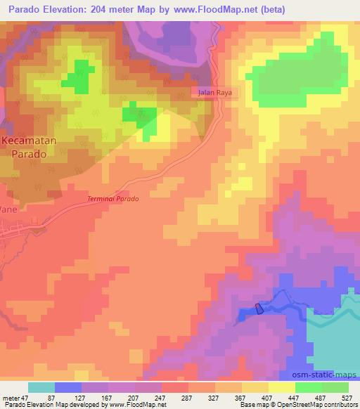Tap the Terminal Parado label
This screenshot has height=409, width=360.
pyautogui.click(x=113, y=199)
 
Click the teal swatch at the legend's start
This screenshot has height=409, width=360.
pyautogui.click(x=41, y=387)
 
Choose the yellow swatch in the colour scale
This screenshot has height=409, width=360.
pyautogui.click(x=281, y=387)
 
